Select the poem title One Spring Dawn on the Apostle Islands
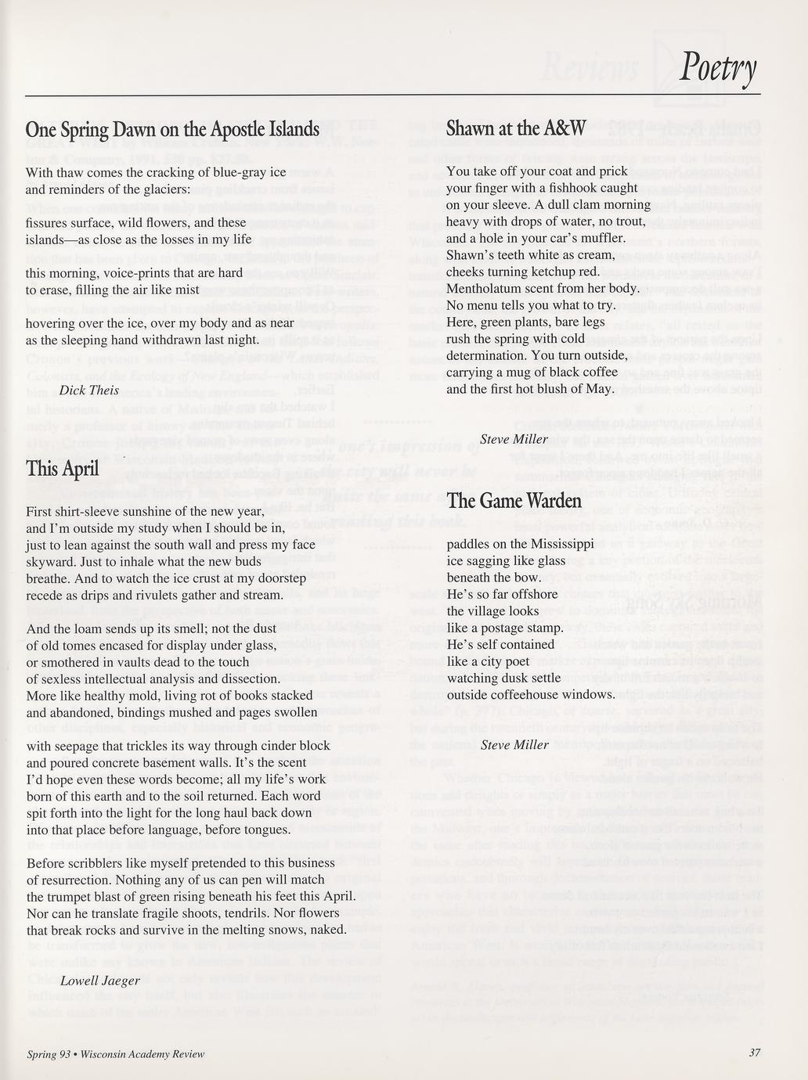(x=172, y=128)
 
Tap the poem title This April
(x=63, y=468)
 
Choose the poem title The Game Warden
(x=514, y=500)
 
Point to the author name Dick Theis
(x=89, y=390)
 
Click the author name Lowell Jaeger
(x=99, y=981)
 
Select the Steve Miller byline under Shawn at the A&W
(x=514, y=439)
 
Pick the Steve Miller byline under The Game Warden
(x=514, y=744)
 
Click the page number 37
(x=754, y=1053)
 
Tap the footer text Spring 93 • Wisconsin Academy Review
(x=115, y=1053)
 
